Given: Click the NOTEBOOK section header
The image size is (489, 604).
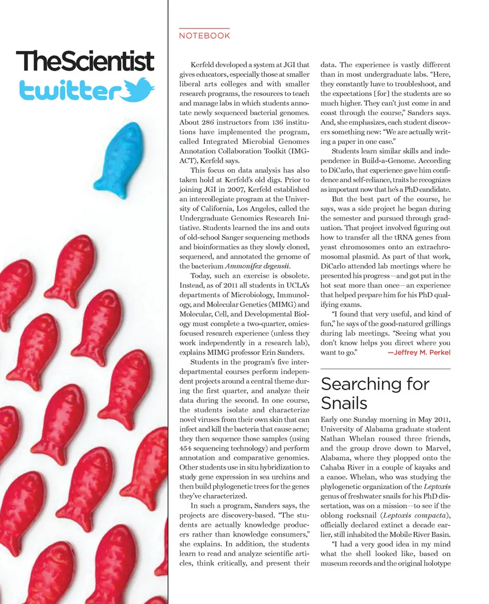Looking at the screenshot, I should pyautogui.click(x=204, y=36).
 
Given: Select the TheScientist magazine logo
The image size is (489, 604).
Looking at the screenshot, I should pyautogui.click(x=85, y=61).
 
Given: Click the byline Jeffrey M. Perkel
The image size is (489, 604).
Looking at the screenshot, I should pyautogui.click(x=419, y=352).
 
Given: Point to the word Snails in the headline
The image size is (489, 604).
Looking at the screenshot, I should pyautogui.click(x=344, y=403).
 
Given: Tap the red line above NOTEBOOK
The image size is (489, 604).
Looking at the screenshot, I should pyautogui.click(x=204, y=28).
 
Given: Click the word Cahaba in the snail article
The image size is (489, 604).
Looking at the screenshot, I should pyautogui.click(x=333, y=468).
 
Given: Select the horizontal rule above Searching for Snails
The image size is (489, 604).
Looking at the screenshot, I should pyautogui.click(x=385, y=368).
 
